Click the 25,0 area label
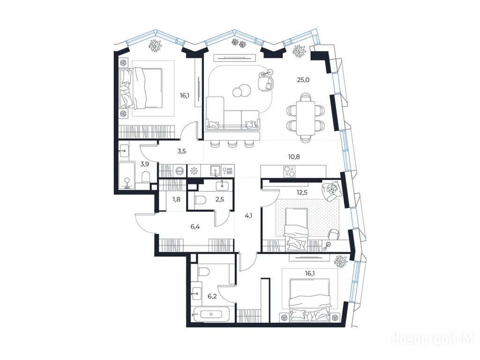303,80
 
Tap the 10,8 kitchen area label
294,157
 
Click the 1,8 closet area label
176,199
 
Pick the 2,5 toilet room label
220,199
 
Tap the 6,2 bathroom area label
212,296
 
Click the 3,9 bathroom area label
144,164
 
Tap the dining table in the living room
305,118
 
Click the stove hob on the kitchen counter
290,172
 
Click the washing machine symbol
180,171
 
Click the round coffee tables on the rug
240,90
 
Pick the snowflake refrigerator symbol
194,171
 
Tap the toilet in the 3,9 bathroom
146,177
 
